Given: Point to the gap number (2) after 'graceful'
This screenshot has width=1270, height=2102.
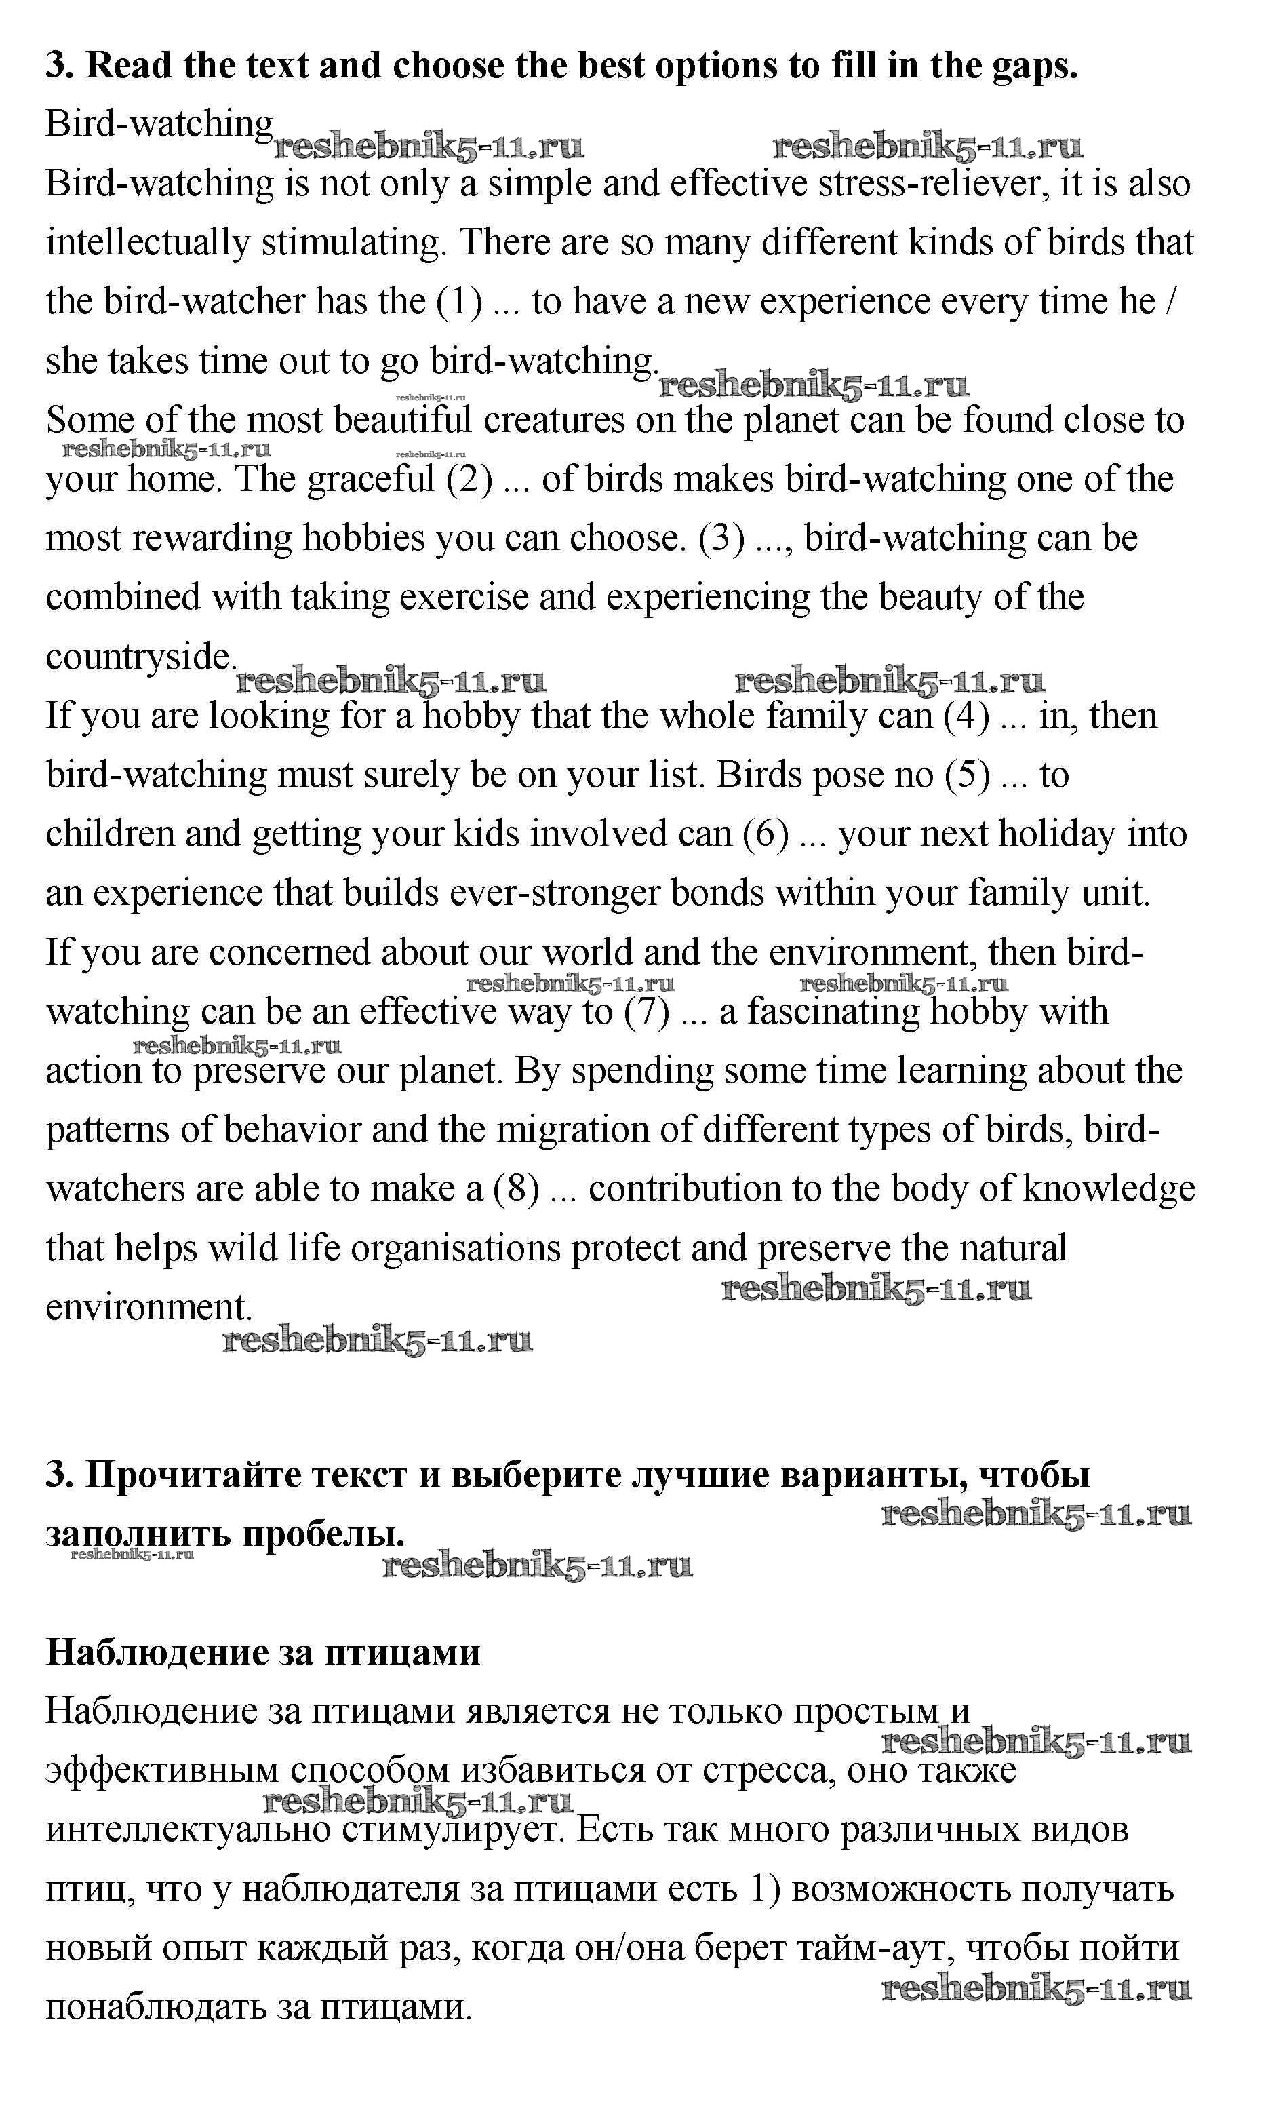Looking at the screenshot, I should pyautogui.click(x=470, y=480).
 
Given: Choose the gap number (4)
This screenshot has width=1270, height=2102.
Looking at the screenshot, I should pyautogui.click(x=966, y=716).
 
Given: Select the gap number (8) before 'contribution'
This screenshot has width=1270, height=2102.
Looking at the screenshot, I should pyautogui.click(x=516, y=1188).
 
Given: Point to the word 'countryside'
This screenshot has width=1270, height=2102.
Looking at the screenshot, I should pyautogui.click(x=139, y=657).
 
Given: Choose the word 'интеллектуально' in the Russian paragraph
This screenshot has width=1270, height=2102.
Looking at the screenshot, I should pyautogui.click(x=188, y=1830).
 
